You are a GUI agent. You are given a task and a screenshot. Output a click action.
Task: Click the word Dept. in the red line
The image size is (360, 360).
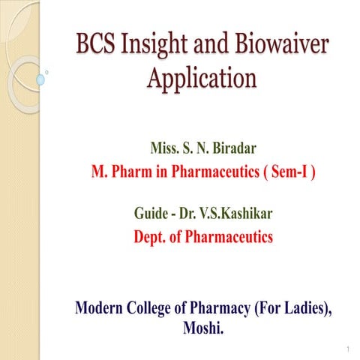[x=151, y=237]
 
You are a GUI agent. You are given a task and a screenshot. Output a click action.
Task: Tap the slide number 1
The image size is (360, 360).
[x=349, y=350]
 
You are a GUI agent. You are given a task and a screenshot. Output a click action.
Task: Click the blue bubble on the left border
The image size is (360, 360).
[x=40, y=79]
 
